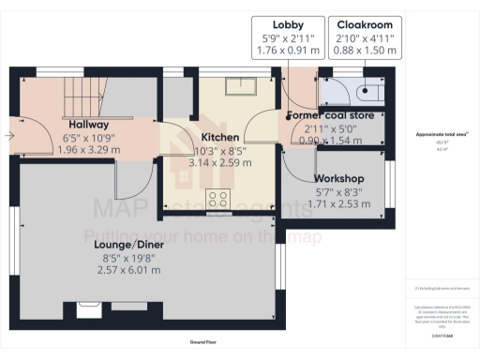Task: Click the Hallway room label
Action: point(89,124)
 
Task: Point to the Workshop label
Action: point(339,178)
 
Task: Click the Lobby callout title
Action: point(287,23)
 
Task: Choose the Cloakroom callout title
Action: point(365,23)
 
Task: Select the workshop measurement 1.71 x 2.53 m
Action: point(339,203)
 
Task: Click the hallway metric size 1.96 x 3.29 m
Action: point(89,148)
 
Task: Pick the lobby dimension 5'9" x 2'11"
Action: point(287,38)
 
